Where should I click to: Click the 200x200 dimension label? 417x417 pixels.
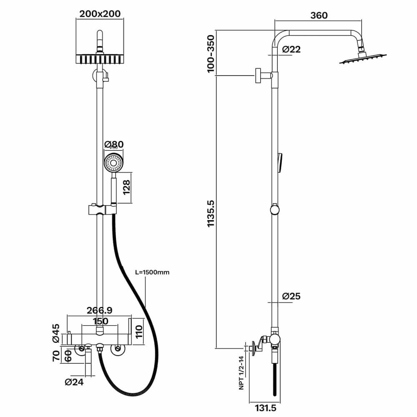100,14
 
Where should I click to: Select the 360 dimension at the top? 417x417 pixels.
319,15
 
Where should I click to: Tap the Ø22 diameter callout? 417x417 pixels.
291,49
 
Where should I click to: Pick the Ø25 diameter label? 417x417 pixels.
291,296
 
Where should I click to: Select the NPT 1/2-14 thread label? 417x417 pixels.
241,372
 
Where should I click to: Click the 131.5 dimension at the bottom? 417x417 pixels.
265,408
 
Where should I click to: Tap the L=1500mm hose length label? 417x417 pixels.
152,272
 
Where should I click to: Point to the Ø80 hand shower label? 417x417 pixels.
113,144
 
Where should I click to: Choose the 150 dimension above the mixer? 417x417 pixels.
100,321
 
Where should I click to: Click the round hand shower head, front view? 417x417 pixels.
113,163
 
